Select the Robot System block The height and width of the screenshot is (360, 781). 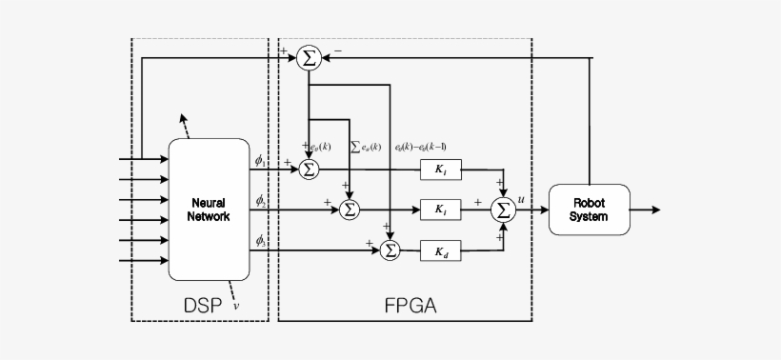589,209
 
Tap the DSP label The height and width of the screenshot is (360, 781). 202,307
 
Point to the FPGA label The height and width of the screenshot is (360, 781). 411,307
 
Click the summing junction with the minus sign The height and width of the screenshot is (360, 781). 309,58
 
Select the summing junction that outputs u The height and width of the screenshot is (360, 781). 502,210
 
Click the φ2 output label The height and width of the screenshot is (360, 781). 261,201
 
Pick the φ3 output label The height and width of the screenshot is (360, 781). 261,241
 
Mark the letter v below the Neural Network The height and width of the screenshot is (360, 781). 235,306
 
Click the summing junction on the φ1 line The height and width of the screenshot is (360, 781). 309,169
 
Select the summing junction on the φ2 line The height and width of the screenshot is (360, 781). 350,210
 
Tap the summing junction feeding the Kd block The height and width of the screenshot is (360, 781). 390,250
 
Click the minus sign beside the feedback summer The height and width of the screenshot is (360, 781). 338,49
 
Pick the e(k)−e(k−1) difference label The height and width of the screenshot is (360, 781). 420,147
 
